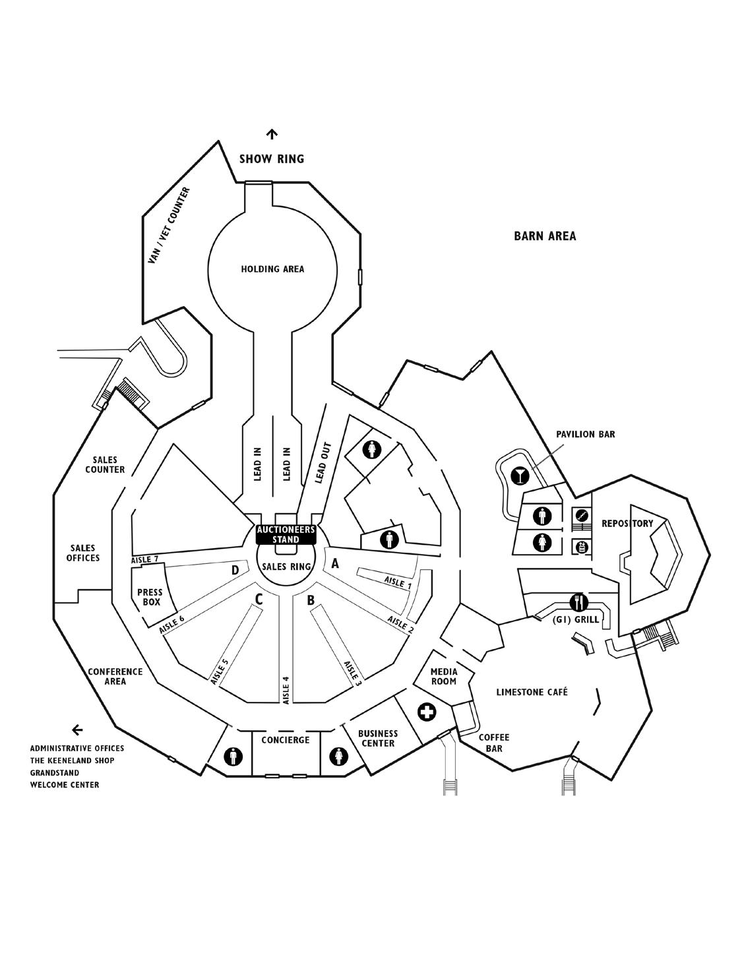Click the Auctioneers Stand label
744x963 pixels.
(286, 534)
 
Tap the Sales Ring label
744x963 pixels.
(286, 566)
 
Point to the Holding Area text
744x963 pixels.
(272, 269)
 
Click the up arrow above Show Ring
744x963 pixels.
(272, 135)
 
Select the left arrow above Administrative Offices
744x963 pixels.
(77, 730)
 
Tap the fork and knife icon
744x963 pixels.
(578, 602)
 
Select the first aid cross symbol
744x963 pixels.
(427, 712)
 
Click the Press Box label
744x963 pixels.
(150, 597)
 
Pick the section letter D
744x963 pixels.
(234, 569)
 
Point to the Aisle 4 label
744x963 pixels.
(286, 690)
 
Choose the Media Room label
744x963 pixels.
(444, 676)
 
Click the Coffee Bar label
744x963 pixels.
(494, 743)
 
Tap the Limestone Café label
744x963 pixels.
(532, 692)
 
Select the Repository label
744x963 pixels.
(627, 524)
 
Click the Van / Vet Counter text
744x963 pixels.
(169, 226)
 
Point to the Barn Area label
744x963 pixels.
(545, 236)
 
